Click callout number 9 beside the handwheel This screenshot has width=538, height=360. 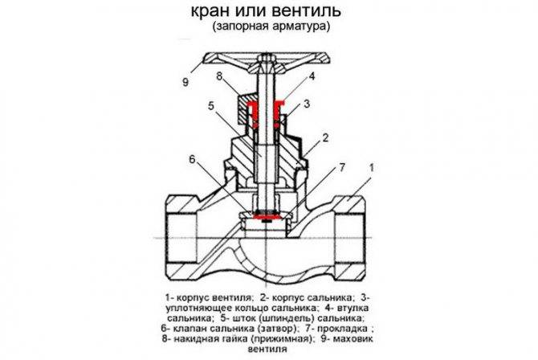tap(185, 83)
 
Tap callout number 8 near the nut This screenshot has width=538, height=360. tap(219, 76)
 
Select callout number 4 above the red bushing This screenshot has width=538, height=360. tap(312, 76)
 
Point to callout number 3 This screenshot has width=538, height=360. tap(307, 104)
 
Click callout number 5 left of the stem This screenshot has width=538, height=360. tap(211, 106)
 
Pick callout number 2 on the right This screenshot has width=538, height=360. tap(325, 137)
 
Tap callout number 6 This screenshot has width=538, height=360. tap(192, 159)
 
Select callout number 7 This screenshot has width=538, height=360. tap(342, 167)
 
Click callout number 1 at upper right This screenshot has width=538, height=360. tap(371, 168)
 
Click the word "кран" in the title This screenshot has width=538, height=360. tap(210, 10)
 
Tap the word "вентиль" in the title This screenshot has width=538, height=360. tap(307, 10)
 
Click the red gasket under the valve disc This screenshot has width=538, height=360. tap(267, 217)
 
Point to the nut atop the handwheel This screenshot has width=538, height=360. tap(267, 59)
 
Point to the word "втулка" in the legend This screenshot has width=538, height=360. tap(353, 308)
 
